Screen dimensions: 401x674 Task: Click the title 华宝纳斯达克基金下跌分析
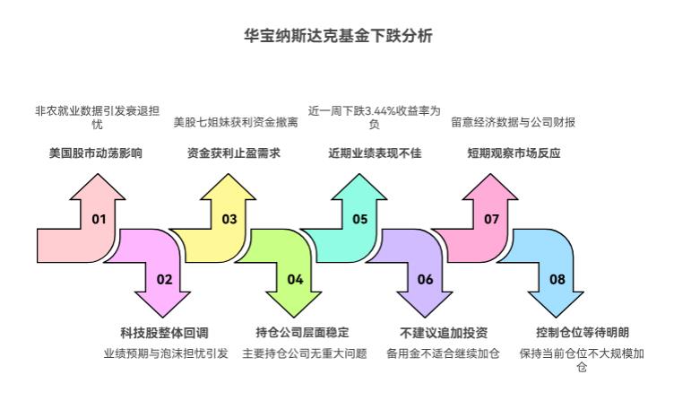tap(336, 37)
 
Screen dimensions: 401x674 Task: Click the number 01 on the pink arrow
tap(99, 219)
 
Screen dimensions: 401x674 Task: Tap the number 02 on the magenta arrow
tap(164, 279)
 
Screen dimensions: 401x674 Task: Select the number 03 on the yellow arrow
tap(229, 219)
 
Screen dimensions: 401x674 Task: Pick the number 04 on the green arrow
tap(295, 279)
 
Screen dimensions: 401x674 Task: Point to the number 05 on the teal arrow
tap(359, 219)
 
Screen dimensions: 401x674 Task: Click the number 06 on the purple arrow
tap(425, 279)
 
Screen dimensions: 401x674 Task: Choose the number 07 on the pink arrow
tap(491, 219)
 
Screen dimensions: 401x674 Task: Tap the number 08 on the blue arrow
tap(557, 279)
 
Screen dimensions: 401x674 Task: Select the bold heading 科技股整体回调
tap(164, 332)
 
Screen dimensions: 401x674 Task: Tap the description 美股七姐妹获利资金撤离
tap(235, 122)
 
